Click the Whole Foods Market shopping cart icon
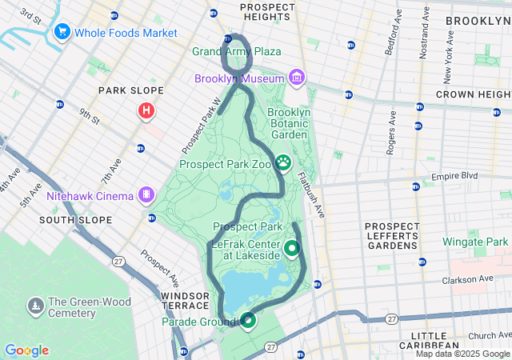tap(62, 32)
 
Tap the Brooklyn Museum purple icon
tap(297, 78)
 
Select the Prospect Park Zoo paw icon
tap(284, 163)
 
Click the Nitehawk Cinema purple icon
tap(146, 194)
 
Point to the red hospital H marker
tap(146, 111)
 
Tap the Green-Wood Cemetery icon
tap(36, 306)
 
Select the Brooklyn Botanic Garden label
tap(288, 124)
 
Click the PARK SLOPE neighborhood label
tap(131, 90)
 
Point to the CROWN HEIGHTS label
tap(473, 94)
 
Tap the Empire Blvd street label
tap(454, 176)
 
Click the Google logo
tap(26, 350)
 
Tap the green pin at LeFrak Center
tap(292, 249)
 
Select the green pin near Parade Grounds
tap(248, 321)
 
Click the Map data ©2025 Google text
tap(462, 354)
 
